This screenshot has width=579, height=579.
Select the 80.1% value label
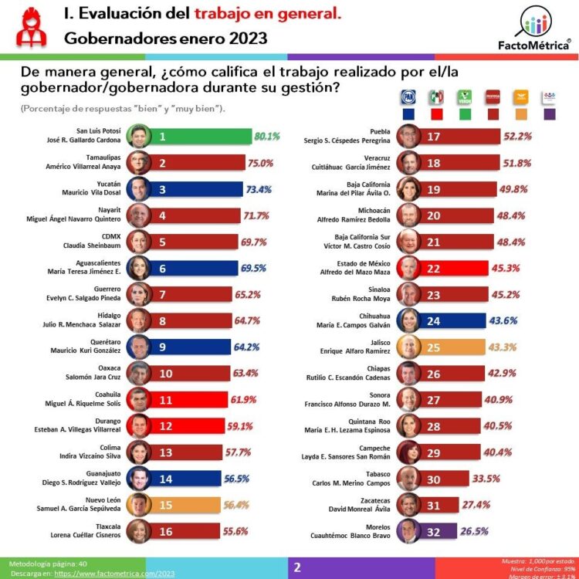tap(266, 137)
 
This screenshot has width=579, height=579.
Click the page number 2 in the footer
tap(296, 567)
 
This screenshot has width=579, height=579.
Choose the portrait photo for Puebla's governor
tap(408, 137)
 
